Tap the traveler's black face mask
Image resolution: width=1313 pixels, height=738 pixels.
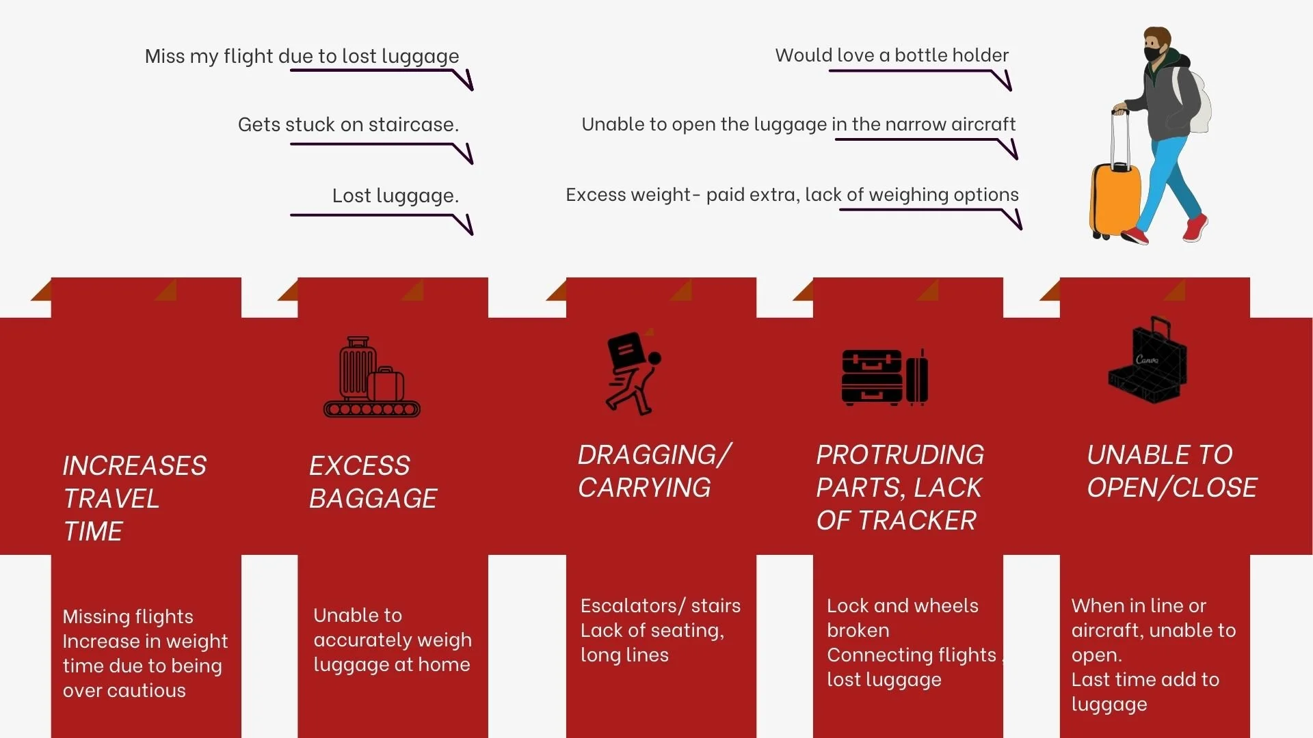point(1154,53)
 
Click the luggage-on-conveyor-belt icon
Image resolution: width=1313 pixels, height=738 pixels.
point(371,377)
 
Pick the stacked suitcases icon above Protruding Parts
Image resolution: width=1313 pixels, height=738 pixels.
point(884,377)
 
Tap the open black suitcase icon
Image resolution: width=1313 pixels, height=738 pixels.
point(1148,362)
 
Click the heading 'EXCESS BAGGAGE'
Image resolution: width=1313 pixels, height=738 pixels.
point(373,482)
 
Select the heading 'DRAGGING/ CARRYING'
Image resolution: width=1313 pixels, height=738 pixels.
point(654,471)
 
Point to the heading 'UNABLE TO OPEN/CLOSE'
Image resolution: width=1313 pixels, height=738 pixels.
point(1171,471)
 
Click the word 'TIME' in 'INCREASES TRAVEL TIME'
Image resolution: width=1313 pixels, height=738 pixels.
point(93,532)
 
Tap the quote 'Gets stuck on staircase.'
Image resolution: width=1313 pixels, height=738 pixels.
point(348,124)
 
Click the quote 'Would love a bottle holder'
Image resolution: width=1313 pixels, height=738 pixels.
point(891,55)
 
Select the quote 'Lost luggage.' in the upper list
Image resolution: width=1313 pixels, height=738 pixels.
point(395,195)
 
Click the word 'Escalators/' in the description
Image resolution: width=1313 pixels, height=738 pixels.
point(633,605)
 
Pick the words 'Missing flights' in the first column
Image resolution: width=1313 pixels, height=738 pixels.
point(128,616)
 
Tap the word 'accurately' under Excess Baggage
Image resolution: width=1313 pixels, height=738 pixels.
point(393,640)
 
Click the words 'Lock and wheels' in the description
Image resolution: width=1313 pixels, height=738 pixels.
point(902,605)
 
